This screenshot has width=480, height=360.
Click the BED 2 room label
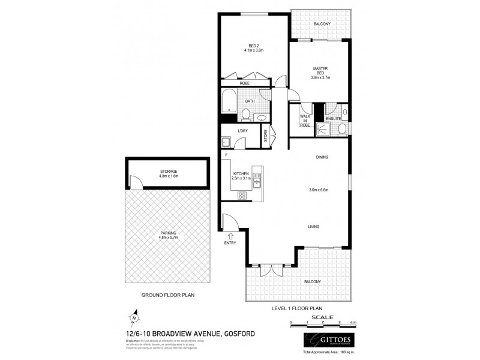254,47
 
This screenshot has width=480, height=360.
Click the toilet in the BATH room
247,114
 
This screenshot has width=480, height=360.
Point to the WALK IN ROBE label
304,121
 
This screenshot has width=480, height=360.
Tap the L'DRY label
243,131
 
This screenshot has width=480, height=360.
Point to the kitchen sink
257,178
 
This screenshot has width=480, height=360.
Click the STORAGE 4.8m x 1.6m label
168,174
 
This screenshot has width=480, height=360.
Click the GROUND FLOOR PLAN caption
167,295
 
